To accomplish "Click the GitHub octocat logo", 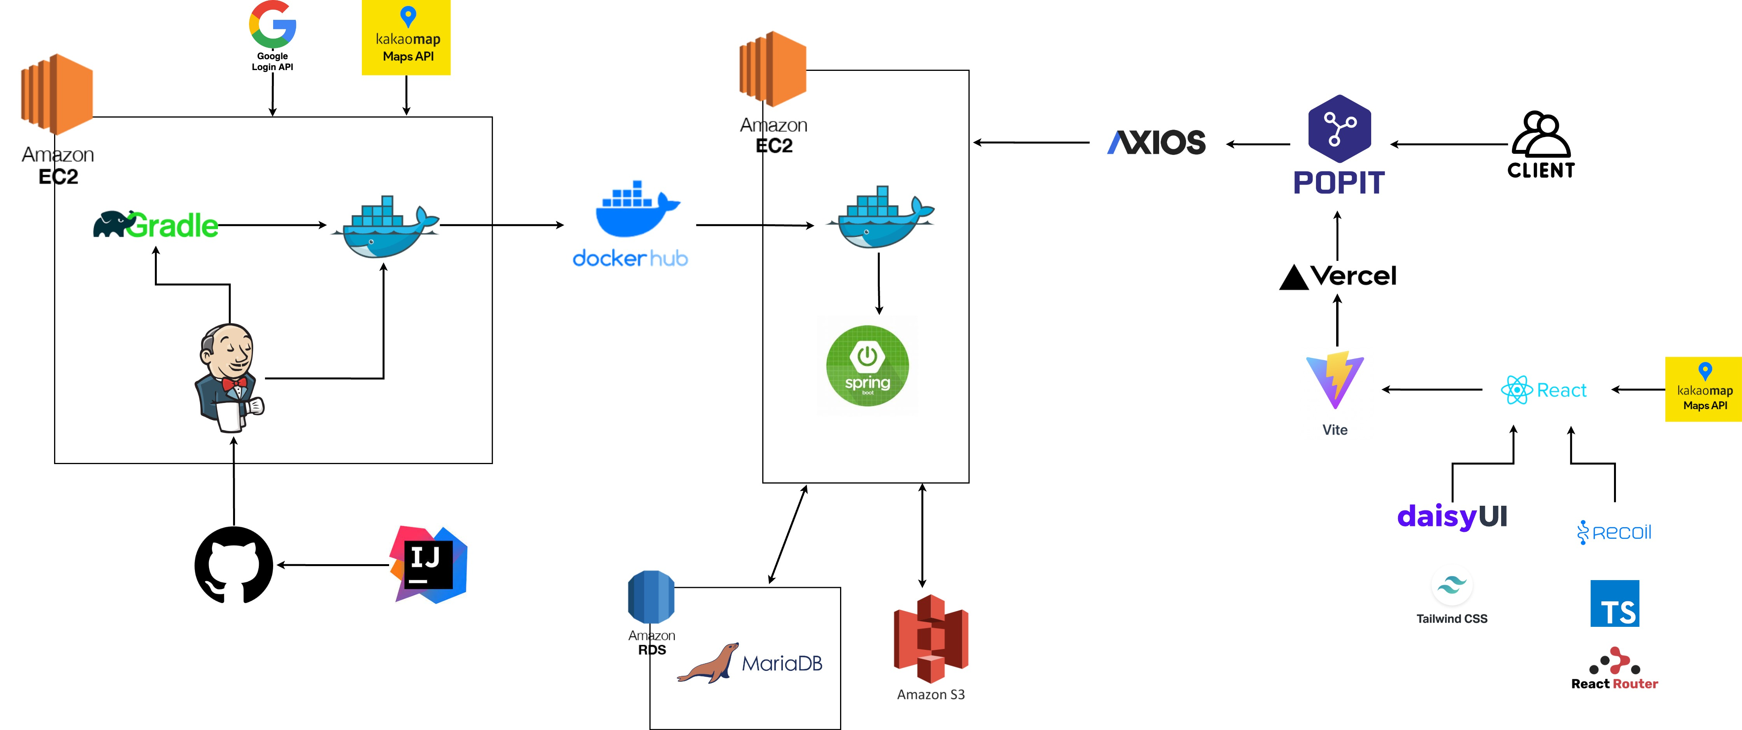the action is [234, 565].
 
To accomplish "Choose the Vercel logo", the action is [1338, 276].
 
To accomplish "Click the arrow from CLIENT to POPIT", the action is [1449, 144].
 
